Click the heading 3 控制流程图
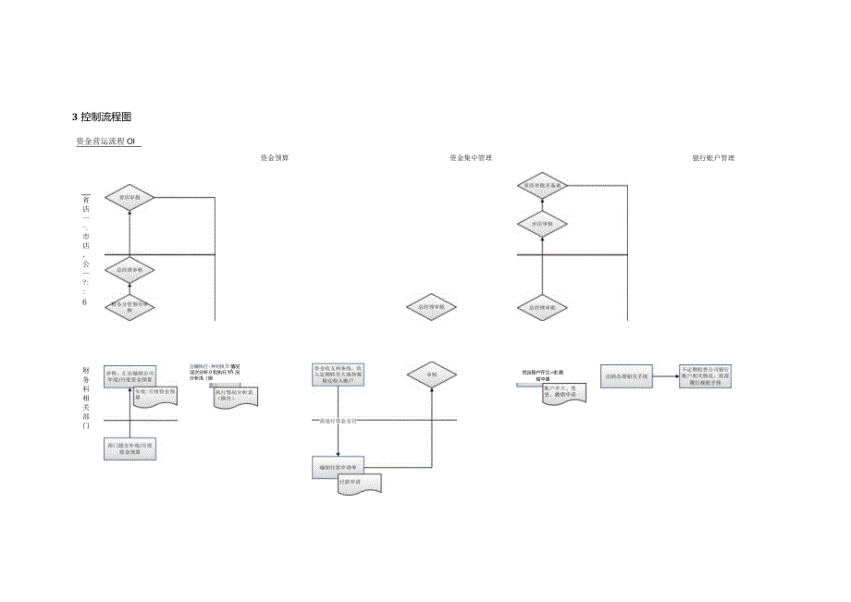103,117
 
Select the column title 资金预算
275,158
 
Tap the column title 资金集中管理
469,158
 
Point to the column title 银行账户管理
713,158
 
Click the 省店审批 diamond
129,197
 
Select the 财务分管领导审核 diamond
129,307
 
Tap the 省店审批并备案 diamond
543,186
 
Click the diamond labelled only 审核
431,375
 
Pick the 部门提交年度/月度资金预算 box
129,449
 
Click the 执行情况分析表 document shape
235,395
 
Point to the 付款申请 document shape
360,484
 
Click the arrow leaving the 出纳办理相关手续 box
665,375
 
